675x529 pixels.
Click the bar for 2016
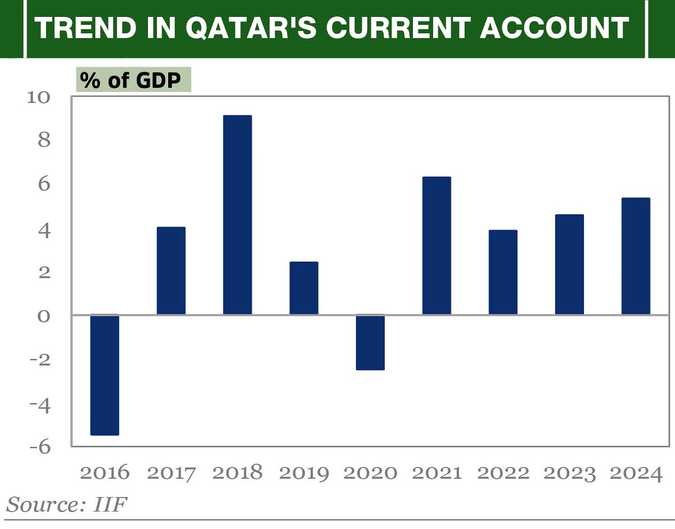[x=105, y=375]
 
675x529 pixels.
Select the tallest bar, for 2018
[x=237, y=215]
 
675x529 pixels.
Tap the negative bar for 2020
[x=370, y=342]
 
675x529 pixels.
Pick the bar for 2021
[x=436, y=245]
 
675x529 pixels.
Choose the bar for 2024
[x=636, y=256]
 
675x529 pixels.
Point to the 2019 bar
[x=304, y=288]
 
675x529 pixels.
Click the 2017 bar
[x=171, y=271]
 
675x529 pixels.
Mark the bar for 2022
[x=503, y=272]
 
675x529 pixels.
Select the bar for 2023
[x=569, y=264]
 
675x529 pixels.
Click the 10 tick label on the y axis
[x=39, y=97]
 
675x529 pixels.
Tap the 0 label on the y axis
[x=44, y=316]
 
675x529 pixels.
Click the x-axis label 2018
[x=237, y=473]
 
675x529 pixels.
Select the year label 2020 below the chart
[x=370, y=473]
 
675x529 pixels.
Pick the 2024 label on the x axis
[x=636, y=473]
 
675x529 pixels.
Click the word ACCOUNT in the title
[x=554, y=28]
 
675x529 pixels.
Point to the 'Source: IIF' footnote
[x=66, y=504]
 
